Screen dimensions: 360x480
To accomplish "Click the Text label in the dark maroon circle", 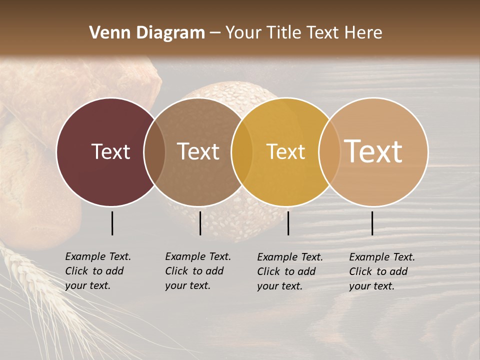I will coord(110,151).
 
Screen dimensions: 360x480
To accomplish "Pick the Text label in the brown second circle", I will coord(198,151).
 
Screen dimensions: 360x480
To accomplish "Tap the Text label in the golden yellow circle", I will coord(285,151).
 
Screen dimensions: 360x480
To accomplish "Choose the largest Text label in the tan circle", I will coord(373,151).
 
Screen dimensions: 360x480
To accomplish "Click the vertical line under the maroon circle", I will coord(112,223).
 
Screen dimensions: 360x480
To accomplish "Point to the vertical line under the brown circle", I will coord(200,223).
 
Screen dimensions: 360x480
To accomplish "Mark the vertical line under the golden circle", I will coord(288,223).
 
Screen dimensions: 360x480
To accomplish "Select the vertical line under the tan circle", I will coord(372,223).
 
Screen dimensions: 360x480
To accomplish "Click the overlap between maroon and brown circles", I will coord(154,152).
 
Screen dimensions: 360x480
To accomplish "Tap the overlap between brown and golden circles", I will coord(242,152).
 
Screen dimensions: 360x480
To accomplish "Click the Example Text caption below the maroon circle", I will coord(98,271).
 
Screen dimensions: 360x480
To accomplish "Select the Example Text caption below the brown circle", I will coord(198,271).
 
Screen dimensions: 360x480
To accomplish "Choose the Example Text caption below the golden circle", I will coord(290,271).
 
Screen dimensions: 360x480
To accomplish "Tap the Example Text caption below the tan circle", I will coord(382,271).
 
